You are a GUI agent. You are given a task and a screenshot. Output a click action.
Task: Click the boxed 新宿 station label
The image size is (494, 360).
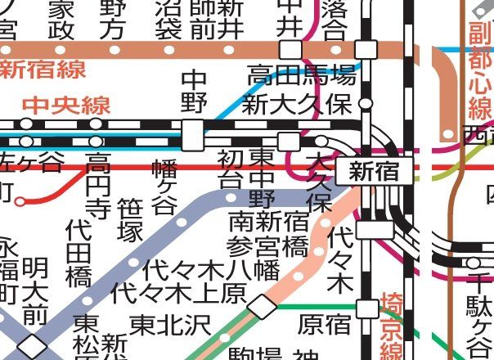click(374, 171)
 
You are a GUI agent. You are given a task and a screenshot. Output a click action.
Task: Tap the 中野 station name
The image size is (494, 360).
click(195, 92)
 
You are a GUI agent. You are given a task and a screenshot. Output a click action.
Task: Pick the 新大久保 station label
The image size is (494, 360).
click(298, 105)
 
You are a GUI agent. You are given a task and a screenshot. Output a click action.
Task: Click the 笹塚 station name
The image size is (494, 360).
click(131, 220)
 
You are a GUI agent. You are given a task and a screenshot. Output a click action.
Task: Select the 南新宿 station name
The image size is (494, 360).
click(267, 221)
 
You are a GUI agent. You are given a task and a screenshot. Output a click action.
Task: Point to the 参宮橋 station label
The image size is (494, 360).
click(267, 245)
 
